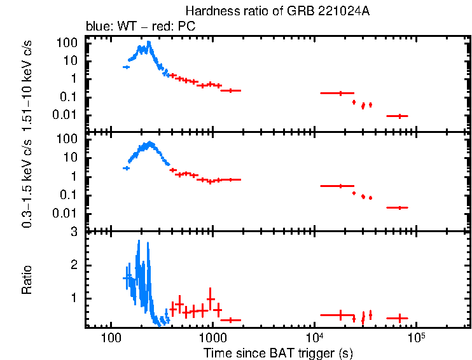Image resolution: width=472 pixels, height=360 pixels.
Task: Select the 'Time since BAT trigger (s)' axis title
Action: click(278, 352)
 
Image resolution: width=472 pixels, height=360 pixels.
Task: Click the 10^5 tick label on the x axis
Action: click(417, 337)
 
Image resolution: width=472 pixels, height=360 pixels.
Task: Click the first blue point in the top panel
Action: click(126, 66)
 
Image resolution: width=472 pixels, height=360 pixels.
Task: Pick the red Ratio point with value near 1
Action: click(211, 299)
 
